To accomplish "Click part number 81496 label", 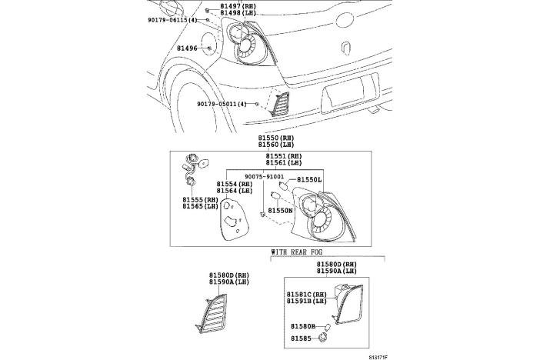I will point(187,48).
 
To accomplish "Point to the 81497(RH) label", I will point(238,5).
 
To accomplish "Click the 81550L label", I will point(310,179).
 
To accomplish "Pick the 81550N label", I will point(280,210).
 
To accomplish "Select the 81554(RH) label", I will point(235,185).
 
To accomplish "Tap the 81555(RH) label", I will point(200,200).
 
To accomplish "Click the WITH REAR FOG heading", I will point(301,252).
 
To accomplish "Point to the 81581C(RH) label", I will point(307,295).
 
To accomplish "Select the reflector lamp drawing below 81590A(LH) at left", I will point(220,315).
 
